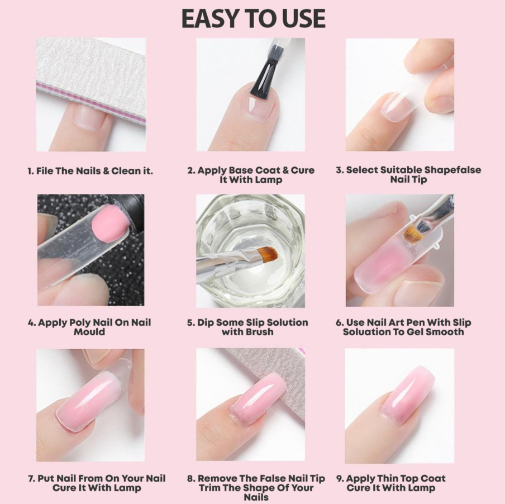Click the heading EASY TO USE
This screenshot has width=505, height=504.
point(254,18)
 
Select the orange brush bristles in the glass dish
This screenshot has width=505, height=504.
point(266,254)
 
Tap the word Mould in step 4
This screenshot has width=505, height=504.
point(89,332)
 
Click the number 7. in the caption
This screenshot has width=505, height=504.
point(31,478)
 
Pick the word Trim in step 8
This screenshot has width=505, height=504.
point(209,488)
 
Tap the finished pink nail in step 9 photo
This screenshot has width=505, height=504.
point(407,394)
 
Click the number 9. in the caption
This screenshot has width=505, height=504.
point(340,478)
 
